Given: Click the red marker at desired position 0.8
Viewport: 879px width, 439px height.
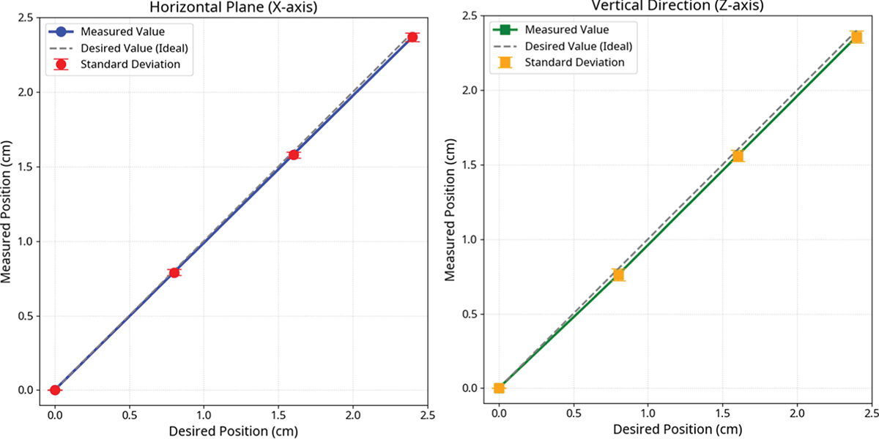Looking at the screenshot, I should (174, 272).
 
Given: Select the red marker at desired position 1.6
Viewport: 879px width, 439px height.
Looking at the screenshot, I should (294, 154).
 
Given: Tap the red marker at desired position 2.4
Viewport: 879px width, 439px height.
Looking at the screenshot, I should (413, 37).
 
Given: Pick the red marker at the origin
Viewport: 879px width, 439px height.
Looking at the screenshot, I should (55, 390).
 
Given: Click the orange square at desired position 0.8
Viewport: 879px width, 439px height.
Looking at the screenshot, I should (618, 274).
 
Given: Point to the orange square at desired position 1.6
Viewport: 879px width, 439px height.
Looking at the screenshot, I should (738, 156).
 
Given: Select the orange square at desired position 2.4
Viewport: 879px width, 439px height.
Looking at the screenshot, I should (856, 37).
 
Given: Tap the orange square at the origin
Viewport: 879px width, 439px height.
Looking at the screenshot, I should (499, 388).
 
